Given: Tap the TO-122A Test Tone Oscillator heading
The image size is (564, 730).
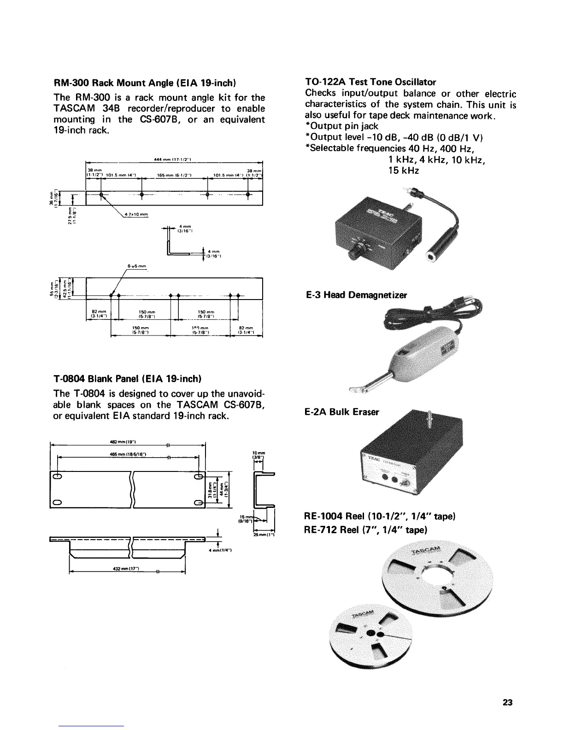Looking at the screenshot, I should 370,82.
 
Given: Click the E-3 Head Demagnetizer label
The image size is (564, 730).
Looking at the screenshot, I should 357,294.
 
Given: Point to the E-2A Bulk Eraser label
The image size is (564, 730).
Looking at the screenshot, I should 342,412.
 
